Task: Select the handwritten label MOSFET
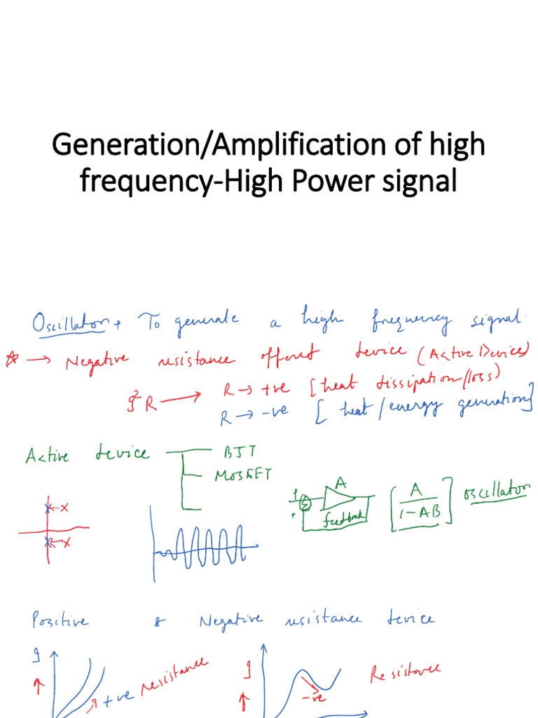[x=241, y=475]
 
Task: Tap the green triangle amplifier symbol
[x=341, y=496]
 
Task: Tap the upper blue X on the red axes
[x=48, y=508]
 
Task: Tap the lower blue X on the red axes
[x=48, y=541]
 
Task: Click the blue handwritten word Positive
[x=61, y=621]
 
